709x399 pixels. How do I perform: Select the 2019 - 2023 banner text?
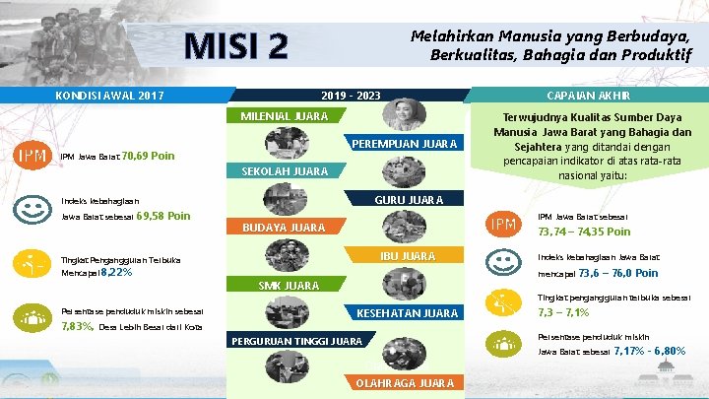(351, 96)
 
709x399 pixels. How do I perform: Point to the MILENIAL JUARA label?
(285, 115)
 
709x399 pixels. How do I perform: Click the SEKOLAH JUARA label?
(285, 171)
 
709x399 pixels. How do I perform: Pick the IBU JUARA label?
(407, 256)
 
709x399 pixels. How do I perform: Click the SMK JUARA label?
(288, 286)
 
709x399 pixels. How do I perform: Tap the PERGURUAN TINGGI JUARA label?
(294, 342)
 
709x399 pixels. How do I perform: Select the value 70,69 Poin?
(149, 156)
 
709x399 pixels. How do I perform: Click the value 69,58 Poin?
(163, 216)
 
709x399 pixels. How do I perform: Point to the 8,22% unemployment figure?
(116, 272)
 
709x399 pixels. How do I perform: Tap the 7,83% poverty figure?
(78, 326)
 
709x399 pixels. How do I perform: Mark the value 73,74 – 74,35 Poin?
(584, 233)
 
